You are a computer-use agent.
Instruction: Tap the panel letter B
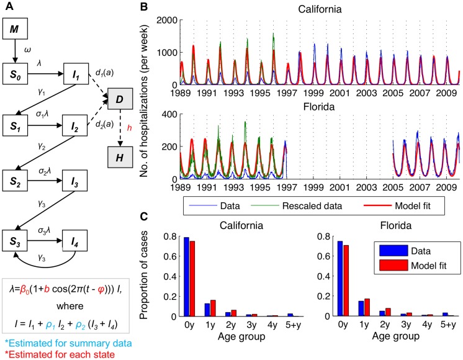(160, 7)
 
